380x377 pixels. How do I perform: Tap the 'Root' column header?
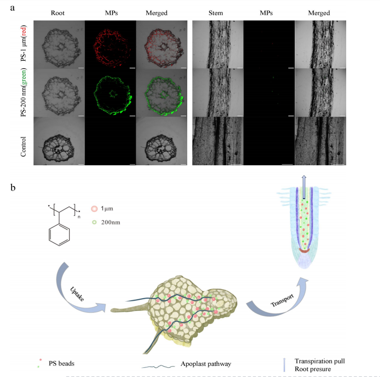point(58,13)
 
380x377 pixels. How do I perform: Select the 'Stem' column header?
point(217,13)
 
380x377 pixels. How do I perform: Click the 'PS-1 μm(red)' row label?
point(24,45)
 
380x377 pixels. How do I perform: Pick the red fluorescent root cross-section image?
point(110,44)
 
